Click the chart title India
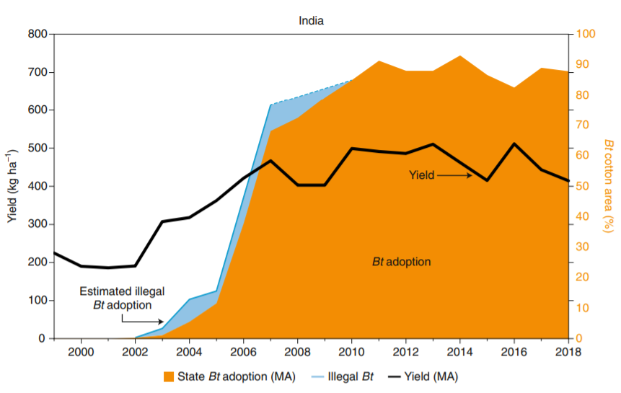point(311,20)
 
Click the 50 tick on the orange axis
point(583,186)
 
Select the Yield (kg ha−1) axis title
point(12,186)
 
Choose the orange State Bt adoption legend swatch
point(169,376)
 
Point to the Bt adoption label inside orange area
point(401,262)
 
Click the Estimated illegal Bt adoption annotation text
point(122,298)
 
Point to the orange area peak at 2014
point(459,56)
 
